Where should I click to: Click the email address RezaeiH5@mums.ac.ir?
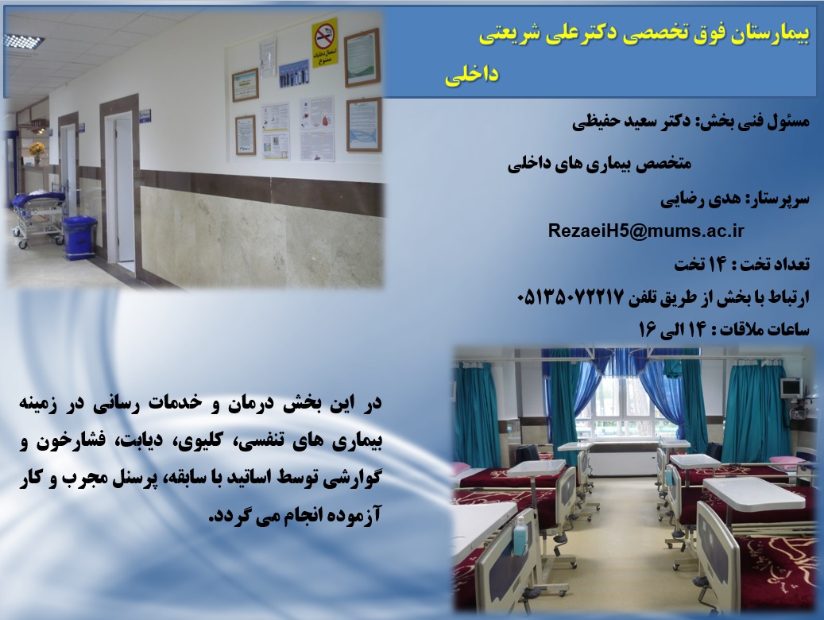point(646,231)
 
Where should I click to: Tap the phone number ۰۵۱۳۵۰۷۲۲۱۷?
point(571,297)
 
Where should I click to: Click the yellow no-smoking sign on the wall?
point(324,43)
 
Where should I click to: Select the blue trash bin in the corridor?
point(79,237)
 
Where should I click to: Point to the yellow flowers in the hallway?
point(37,149)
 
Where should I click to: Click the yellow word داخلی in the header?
point(471,76)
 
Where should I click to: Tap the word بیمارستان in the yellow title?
point(774,35)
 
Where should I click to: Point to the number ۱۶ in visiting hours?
point(648,330)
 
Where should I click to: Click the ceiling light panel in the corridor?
point(24,41)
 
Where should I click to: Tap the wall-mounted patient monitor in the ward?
point(791,389)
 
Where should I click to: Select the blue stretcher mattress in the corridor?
point(38,200)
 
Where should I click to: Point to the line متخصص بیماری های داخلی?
point(599,164)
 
